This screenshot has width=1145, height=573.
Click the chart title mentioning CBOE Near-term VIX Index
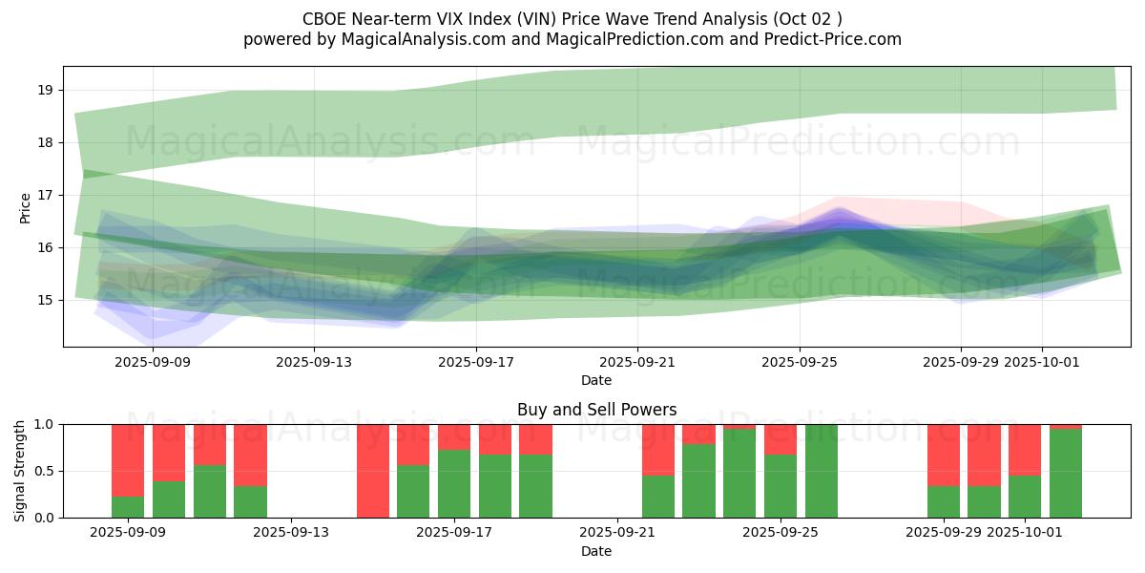click(x=572, y=19)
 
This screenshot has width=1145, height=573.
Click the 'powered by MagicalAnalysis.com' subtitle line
click(x=572, y=39)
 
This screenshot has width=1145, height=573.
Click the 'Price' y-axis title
click(x=26, y=206)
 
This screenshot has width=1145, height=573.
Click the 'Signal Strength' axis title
click(x=20, y=471)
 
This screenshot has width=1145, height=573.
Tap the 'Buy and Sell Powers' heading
click(x=596, y=410)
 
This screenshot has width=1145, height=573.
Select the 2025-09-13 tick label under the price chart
click(x=315, y=363)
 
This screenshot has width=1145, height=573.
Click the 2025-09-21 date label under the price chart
click(x=637, y=363)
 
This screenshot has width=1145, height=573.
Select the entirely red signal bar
click(x=373, y=471)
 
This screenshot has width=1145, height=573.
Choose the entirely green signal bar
click(x=822, y=471)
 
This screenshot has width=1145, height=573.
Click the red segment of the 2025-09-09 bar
click(x=128, y=458)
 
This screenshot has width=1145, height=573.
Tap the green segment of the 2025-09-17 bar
click(x=454, y=484)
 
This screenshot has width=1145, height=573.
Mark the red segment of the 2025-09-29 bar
click(x=944, y=455)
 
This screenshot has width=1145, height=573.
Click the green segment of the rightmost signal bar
click(x=1066, y=474)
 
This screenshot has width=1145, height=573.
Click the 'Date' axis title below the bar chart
click(x=596, y=551)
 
